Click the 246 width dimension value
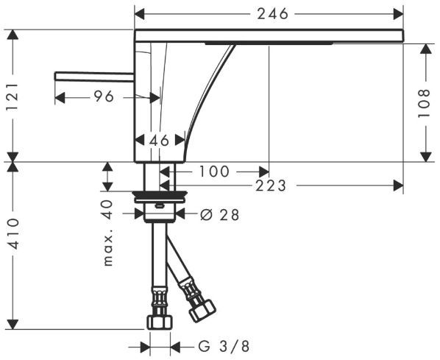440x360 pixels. click(x=273, y=13)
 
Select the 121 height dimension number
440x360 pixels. click(x=13, y=97)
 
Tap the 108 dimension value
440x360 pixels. click(x=424, y=103)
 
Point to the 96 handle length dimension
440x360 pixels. click(x=104, y=96)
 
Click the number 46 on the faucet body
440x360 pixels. click(x=160, y=140)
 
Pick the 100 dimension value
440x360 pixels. click(x=214, y=172)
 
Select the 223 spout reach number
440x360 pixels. click(x=271, y=186)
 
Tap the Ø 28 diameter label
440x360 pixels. click(x=220, y=215)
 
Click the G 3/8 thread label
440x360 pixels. click(x=224, y=346)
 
